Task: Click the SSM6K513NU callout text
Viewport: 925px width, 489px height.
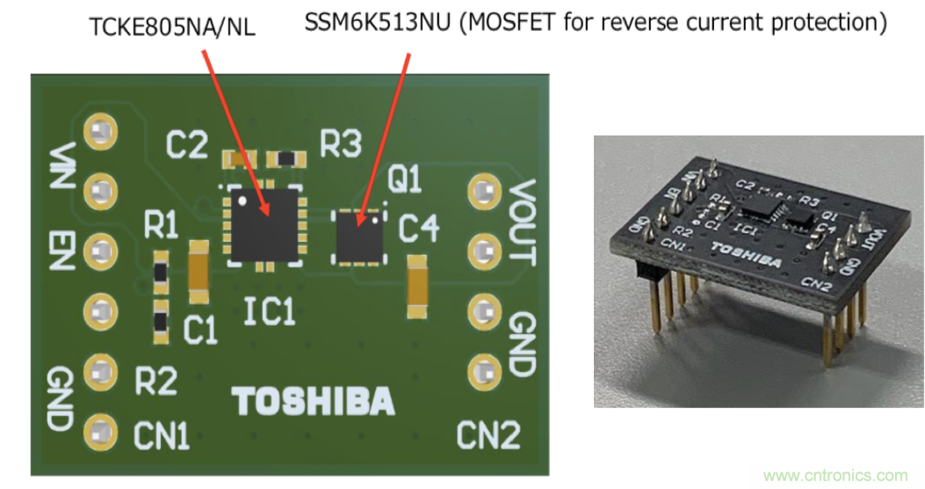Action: click(595, 23)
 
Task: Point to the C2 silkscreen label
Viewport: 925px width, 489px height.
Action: click(187, 144)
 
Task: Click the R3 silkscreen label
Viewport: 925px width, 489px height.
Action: click(340, 144)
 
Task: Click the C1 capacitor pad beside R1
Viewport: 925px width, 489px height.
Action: click(199, 266)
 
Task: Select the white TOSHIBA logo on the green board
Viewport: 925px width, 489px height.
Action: click(313, 400)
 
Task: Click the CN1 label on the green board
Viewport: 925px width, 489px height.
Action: click(163, 434)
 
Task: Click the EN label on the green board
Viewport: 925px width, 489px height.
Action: click(61, 250)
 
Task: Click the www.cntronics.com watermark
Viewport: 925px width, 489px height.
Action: click(835, 476)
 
